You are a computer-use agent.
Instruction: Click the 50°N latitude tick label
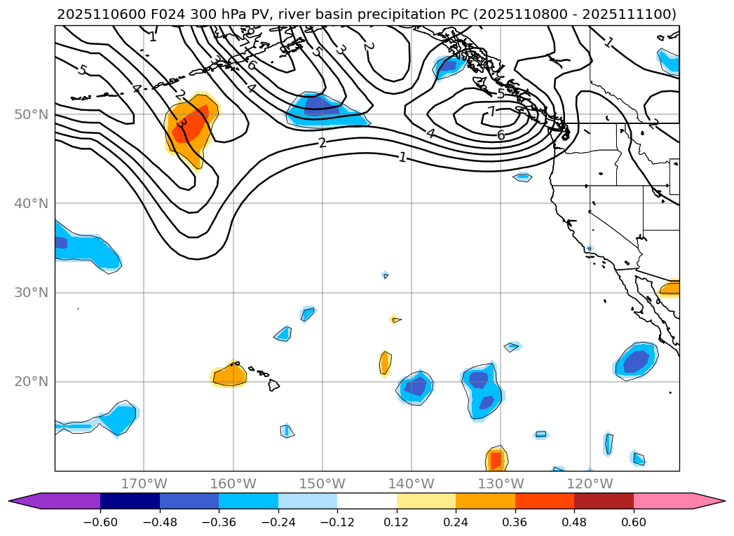(31, 114)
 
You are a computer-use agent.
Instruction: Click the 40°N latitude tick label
(31, 203)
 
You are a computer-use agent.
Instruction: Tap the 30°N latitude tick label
(31, 292)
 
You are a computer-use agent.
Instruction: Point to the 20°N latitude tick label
(31, 382)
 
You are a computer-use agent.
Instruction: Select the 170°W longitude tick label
(144, 483)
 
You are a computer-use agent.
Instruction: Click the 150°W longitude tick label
(322, 483)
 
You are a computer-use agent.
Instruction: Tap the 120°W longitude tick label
(590, 483)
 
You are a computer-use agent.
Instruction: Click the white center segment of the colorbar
(367, 500)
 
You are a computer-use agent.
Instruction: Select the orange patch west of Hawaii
(229, 376)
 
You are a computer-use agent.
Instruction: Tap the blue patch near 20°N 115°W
(637, 361)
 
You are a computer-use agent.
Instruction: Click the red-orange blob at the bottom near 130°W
(496, 460)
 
